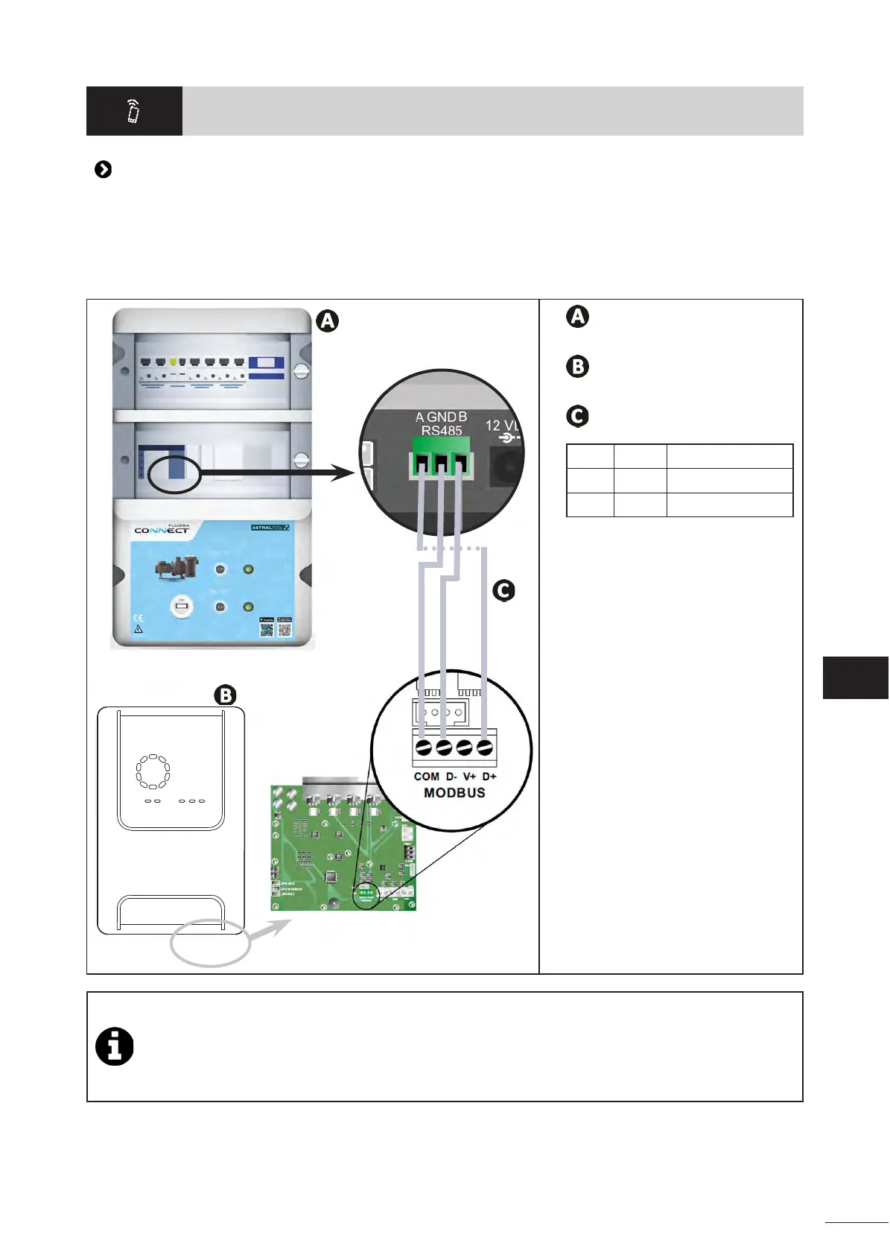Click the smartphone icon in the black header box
133,111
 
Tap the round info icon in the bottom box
115,1046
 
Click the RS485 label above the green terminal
442,430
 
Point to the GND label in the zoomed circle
441,417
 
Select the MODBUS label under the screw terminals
454,793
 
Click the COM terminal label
427,777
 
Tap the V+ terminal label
469,777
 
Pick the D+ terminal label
489,777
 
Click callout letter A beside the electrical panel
328,321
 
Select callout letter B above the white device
225,695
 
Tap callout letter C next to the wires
504,591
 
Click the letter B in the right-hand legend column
577,367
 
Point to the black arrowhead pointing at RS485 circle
343,472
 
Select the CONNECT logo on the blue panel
162,530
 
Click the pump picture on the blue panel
177,568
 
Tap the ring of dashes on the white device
153,771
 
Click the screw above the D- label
444,747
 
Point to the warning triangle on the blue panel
138,630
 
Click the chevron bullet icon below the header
104,170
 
